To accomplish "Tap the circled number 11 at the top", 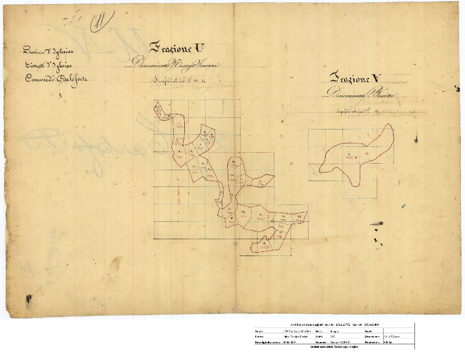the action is (101, 22).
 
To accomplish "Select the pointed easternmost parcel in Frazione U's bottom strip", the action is (299, 218).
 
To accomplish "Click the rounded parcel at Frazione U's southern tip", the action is (262, 246).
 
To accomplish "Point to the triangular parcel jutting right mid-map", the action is (264, 181).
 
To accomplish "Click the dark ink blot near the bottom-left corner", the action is (28, 300).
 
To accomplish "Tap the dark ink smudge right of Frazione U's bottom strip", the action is (376, 224).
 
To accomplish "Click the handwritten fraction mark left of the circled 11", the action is (74, 21).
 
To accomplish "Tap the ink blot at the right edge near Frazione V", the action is (416, 139).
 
